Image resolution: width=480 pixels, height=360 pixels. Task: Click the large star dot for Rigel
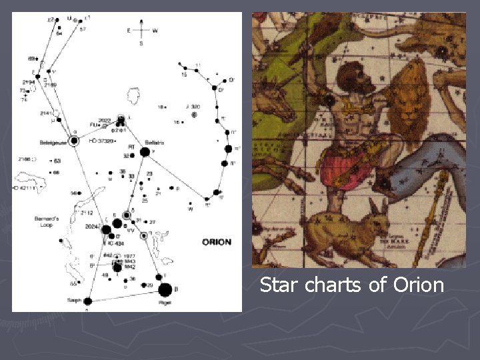163,289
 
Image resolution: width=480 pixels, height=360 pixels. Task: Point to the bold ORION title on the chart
217,241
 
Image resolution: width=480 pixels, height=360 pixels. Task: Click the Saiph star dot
87,301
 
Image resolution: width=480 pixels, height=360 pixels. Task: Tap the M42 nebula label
129,267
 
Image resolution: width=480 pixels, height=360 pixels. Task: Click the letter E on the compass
128,30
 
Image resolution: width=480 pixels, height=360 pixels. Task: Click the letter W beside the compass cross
155,30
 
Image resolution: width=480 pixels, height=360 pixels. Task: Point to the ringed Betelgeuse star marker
73,141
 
